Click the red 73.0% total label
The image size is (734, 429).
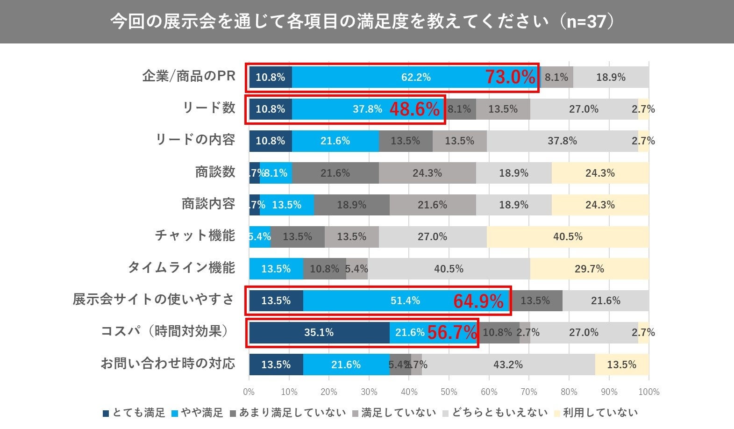coord(510,77)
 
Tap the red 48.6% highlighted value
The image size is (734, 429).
coord(414,109)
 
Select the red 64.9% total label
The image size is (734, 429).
coord(478,301)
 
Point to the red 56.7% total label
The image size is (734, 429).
coord(452,333)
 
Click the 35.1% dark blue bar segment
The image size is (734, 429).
coord(319,333)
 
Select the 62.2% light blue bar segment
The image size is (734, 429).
coord(416,77)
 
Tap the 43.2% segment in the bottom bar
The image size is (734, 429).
coord(508,365)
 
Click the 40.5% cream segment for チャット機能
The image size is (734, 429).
coord(568,237)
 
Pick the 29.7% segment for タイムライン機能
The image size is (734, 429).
coord(589,269)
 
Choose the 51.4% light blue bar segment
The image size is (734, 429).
coord(405,301)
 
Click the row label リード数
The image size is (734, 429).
coord(209,108)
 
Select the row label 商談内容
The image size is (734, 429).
coord(208,204)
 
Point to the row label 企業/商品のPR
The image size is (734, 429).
coord(189,76)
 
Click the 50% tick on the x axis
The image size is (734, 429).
coord(449,392)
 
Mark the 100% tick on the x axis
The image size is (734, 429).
coord(648,392)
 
